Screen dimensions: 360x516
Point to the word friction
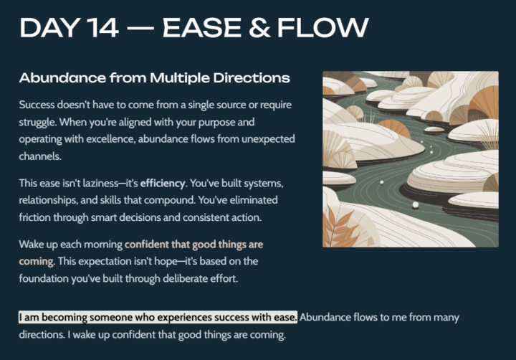coord(37,217)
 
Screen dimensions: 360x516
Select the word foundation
coord(49,278)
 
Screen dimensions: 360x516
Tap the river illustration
coord(410,158)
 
